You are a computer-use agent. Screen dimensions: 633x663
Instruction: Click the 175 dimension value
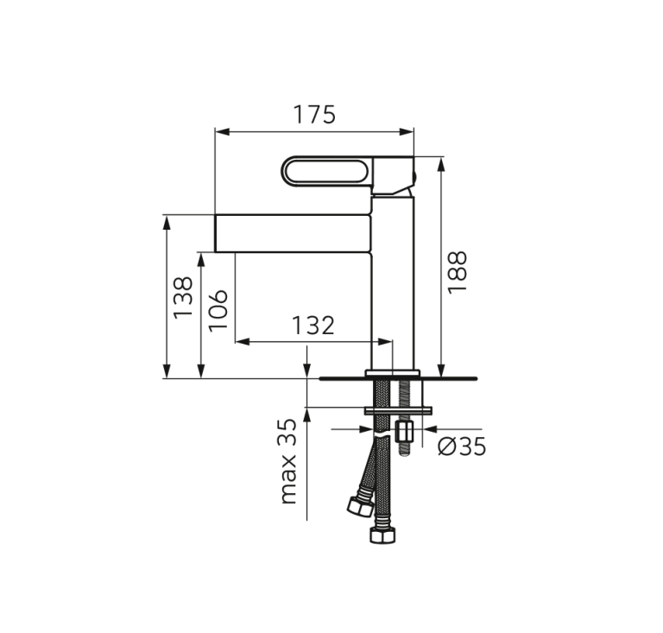[313, 115]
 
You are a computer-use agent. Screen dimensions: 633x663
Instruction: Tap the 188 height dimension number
[457, 271]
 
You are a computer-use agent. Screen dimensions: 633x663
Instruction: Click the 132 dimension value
[313, 326]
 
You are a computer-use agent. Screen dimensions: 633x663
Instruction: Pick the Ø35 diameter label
[462, 446]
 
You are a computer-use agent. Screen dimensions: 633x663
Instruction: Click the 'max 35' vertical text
[288, 461]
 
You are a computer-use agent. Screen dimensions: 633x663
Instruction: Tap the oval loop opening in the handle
[328, 171]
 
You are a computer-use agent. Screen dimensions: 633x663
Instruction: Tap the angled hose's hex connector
[359, 505]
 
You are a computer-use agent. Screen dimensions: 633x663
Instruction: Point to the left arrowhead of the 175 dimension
[221, 132]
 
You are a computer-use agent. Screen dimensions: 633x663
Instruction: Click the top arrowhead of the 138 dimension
[167, 221]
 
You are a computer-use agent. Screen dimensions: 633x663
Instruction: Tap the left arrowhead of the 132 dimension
[242, 342]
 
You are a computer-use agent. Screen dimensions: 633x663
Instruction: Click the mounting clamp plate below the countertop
[396, 410]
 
